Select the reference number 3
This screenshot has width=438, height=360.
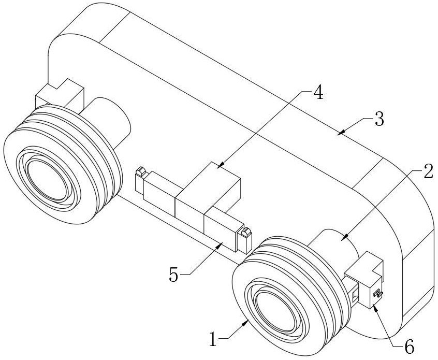tap(379, 120)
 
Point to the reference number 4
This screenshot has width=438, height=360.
tap(318, 93)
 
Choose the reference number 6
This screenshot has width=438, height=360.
tap(408, 347)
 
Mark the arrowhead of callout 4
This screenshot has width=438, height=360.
tap(218, 167)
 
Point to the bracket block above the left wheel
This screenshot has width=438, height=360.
tap(60, 95)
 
